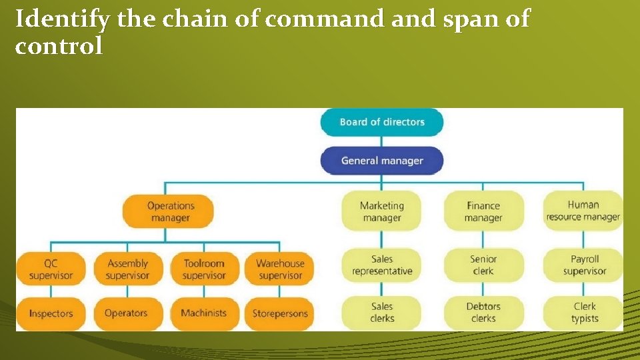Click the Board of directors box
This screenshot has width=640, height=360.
point(382,122)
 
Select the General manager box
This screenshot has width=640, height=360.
point(382,161)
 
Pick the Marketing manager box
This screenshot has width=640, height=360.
point(382,212)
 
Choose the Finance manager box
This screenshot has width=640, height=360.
point(483,212)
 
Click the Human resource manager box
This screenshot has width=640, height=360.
point(583,211)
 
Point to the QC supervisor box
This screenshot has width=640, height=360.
point(51,269)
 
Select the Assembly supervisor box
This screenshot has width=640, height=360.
point(127,269)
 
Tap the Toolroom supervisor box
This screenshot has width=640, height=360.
point(204,269)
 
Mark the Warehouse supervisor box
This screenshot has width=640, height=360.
point(280,269)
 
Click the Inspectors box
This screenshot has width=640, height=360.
point(51,313)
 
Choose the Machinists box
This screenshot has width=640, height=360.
point(204,313)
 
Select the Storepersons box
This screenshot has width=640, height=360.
point(280,313)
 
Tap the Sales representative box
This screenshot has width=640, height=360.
point(382,265)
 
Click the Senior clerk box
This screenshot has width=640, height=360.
point(483,265)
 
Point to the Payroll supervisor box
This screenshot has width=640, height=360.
point(585,265)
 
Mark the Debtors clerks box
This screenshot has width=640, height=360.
point(483,313)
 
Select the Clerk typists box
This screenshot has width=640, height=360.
point(585,313)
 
